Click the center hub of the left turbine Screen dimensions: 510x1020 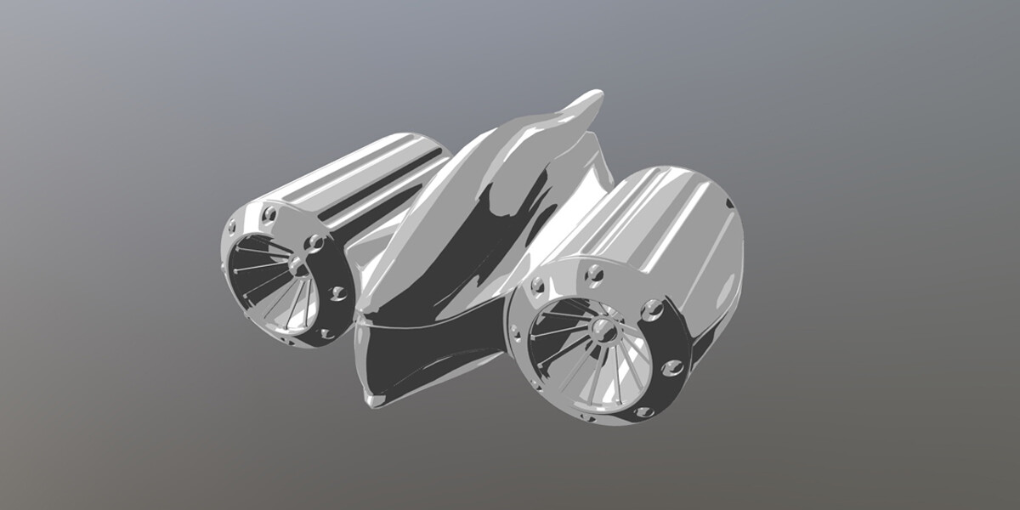pos(298,267)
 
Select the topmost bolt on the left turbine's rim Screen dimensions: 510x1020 pos(270,213)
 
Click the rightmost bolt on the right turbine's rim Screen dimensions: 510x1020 pos(672,367)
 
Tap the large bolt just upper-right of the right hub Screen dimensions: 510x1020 pos(652,309)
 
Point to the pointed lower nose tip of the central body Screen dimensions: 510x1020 pos(371,399)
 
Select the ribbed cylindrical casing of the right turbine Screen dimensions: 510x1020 pos(663,221)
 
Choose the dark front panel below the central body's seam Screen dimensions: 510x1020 pos(425,357)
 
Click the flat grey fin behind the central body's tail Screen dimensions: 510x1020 pos(595,170)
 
